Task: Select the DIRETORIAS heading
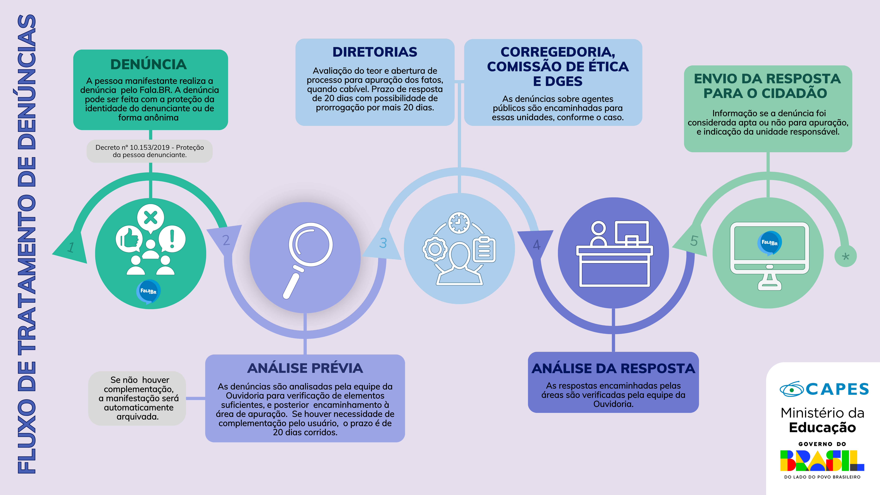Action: click(375, 52)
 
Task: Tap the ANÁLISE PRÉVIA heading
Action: click(305, 368)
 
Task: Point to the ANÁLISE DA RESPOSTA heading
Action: click(613, 368)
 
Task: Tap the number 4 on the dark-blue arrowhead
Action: click(537, 245)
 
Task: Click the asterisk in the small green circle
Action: click(846, 256)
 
